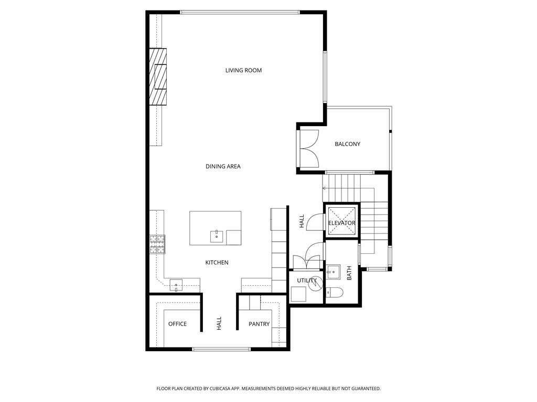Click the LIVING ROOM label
coord(243,70)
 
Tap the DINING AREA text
coord(223,166)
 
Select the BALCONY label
coord(347,144)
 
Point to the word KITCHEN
coord(217,262)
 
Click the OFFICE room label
coord(177,324)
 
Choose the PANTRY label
coord(259,324)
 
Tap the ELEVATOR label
coord(342,223)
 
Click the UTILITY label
coord(307,281)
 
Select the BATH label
coord(349,273)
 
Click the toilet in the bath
coord(335,292)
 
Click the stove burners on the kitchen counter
coord(157,244)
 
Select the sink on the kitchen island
coord(216,236)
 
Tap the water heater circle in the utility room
coord(315,283)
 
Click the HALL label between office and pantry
coord(219,323)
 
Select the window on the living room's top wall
coord(240,12)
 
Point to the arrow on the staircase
coord(325,187)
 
